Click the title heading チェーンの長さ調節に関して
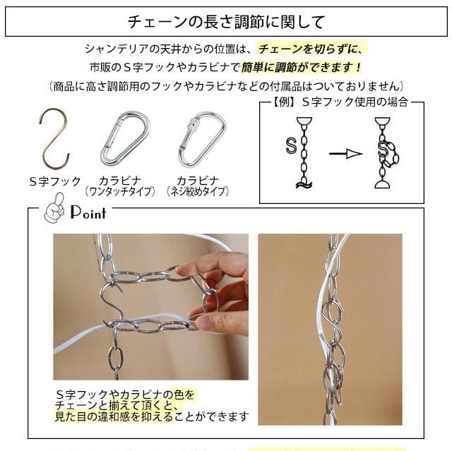point(226,21)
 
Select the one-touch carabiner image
point(125,138)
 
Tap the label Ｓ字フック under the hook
point(55,181)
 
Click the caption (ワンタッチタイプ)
point(119,191)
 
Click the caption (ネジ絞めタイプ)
point(197,191)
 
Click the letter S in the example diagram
point(290,146)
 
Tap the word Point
point(88,212)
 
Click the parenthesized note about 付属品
point(226,85)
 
